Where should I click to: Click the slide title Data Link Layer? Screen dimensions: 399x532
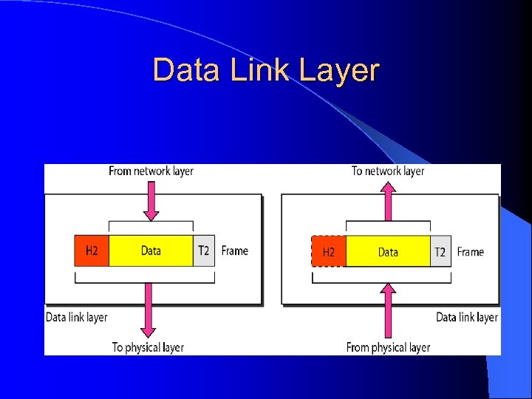pyautogui.click(x=266, y=71)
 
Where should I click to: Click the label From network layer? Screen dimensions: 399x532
pyautogui.click(x=151, y=171)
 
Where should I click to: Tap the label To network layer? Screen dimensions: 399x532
pyautogui.click(x=388, y=171)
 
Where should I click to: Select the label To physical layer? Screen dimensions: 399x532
pyautogui.click(x=148, y=347)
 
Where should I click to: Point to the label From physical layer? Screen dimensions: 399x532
pyautogui.click(x=388, y=347)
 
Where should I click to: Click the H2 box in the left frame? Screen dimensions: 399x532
pyautogui.click(x=92, y=251)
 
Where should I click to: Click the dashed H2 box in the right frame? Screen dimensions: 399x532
pyautogui.click(x=329, y=252)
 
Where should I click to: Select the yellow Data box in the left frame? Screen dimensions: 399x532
pyautogui.click(x=151, y=251)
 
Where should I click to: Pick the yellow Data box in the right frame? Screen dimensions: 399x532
pyautogui.click(x=388, y=252)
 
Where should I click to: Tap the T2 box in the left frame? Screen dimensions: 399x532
pyautogui.click(x=203, y=251)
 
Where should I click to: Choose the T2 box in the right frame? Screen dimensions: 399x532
pyautogui.click(x=440, y=252)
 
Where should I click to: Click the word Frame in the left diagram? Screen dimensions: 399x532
pyautogui.click(x=235, y=251)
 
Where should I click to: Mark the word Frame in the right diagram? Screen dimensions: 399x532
pyautogui.click(x=471, y=252)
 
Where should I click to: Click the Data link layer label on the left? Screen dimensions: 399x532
pyautogui.click(x=77, y=317)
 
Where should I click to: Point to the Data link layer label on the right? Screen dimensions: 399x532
pyautogui.click(x=467, y=317)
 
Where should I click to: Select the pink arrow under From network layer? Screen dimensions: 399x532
pyautogui.click(x=151, y=200)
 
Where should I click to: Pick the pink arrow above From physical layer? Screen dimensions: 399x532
pyautogui.click(x=388, y=307)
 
